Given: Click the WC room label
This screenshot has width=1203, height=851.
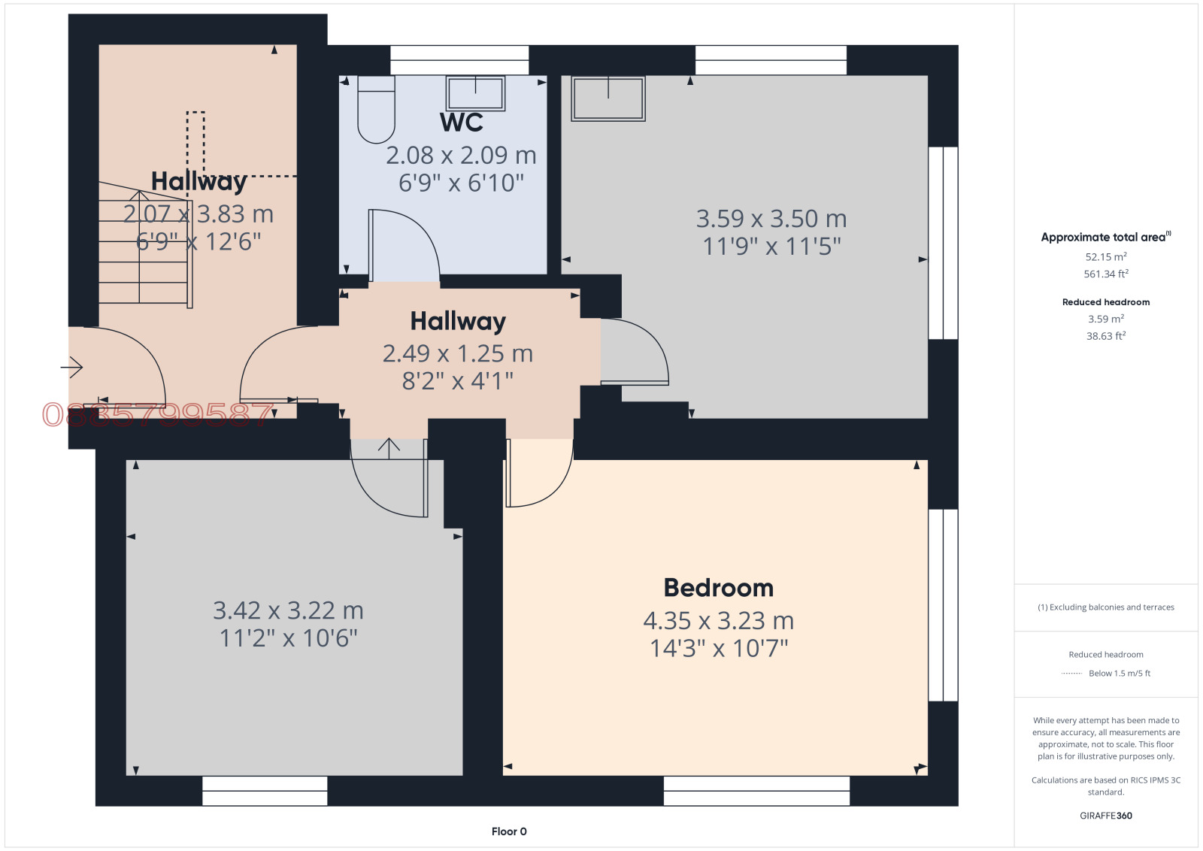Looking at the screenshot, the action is (x=462, y=123).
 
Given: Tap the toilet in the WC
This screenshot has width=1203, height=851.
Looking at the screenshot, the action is (x=376, y=110).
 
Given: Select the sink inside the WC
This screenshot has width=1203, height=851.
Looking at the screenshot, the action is (x=475, y=93).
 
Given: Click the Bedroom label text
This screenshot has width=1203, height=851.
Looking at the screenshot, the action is (x=719, y=588).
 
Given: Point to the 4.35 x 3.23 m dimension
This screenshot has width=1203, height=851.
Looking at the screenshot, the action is (x=719, y=621).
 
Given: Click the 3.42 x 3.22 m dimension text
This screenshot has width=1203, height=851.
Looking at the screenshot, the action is (x=289, y=610).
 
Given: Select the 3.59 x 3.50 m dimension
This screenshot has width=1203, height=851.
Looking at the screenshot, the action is (x=771, y=219).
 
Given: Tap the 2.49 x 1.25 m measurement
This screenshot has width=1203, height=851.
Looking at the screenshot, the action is (x=458, y=353).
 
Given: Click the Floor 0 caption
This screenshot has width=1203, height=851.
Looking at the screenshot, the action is (x=509, y=831).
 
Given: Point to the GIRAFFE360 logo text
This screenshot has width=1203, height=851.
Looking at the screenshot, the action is (x=1106, y=816).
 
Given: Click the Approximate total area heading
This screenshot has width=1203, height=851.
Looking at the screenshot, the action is (x=1106, y=237).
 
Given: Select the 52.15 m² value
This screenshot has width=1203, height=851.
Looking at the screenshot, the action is (x=1106, y=256).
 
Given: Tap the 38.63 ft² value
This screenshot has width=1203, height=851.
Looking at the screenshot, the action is (x=1106, y=335).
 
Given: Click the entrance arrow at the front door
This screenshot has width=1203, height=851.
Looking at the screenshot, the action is (x=71, y=368).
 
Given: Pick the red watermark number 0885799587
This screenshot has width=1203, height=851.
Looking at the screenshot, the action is (x=157, y=415).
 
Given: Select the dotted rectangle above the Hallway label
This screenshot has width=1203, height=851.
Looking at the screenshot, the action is (x=195, y=144).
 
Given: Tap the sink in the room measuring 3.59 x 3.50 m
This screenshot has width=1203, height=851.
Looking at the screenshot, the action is (x=608, y=98).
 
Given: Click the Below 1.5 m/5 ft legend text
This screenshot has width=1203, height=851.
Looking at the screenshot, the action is (x=1120, y=674).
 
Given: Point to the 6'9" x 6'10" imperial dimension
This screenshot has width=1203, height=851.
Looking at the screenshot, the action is (x=461, y=183).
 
